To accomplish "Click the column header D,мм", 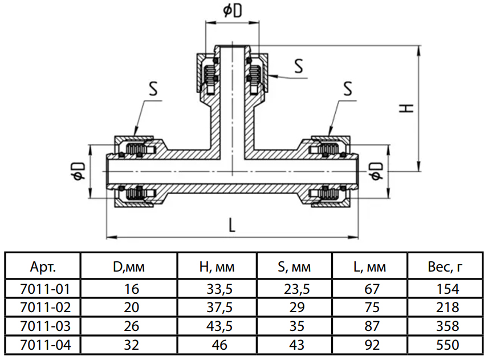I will (x=131, y=266).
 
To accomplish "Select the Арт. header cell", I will (x=42, y=266).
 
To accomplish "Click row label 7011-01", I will (x=42, y=289).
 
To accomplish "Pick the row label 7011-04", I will (x=42, y=345).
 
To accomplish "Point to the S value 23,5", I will (x=296, y=289).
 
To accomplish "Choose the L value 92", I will (x=371, y=345).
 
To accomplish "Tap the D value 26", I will (x=131, y=326).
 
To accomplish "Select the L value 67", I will (x=371, y=289).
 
